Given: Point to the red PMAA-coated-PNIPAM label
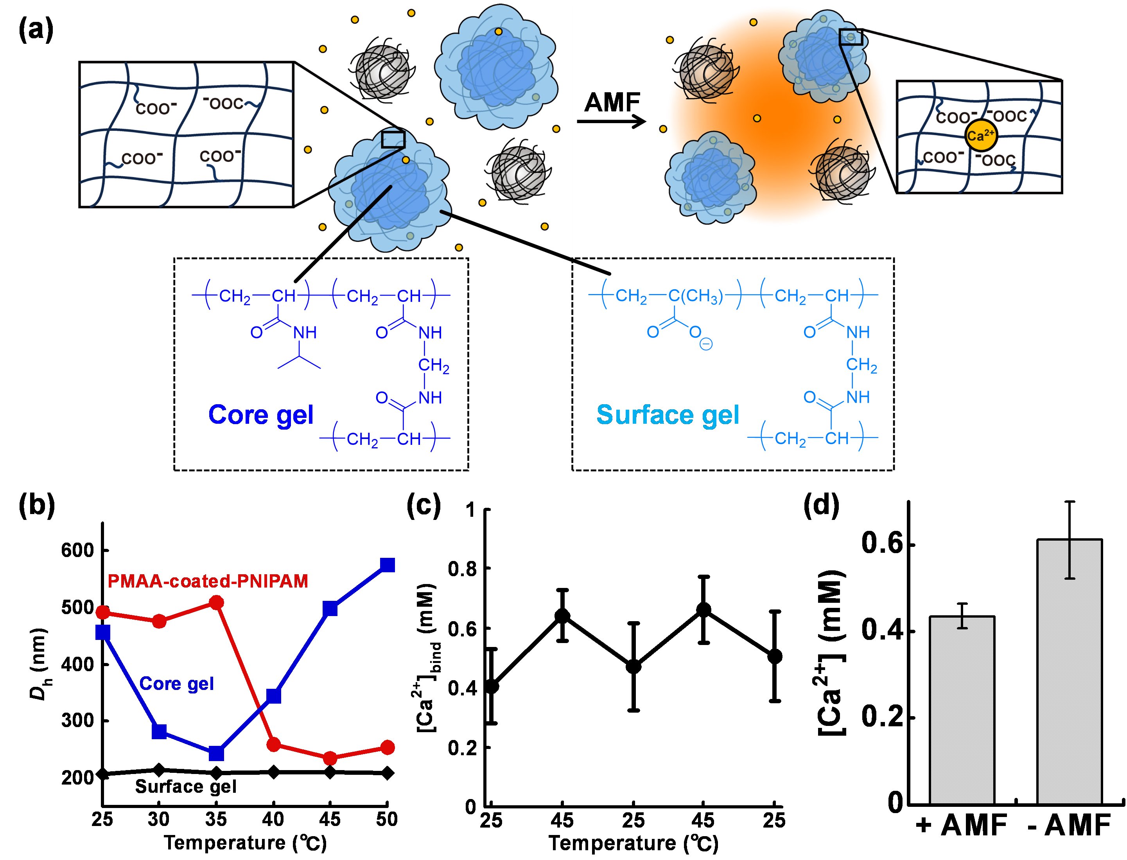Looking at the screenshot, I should pyautogui.click(x=208, y=581).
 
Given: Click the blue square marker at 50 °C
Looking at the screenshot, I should pyautogui.click(x=388, y=565).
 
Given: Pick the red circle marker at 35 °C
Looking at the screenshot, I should pyautogui.click(x=217, y=602).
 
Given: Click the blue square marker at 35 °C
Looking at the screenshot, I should pyautogui.click(x=217, y=754).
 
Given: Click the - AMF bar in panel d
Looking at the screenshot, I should pyautogui.click(x=1070, y=670).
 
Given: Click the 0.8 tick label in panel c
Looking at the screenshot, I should pyautogui.click(x=462, y=569).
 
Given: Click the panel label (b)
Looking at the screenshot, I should pyautogui.click(x=36, y=507).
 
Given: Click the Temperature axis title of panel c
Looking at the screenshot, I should pyautogui.click(x=633, y=843).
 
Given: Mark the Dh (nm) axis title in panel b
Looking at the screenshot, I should pyautogui.click(x=38, y=663).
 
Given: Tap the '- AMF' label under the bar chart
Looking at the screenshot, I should pyautogui.click(x=1070, y=826).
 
